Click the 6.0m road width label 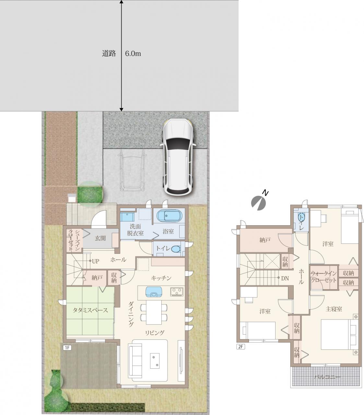133,54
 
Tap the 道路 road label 109,53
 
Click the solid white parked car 177,157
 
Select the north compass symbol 259,201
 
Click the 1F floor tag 67,348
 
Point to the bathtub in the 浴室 169,217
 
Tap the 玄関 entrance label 100,238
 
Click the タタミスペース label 90,310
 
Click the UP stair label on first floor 95,261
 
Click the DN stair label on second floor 285,279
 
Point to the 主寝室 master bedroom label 334,309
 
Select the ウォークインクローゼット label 323,277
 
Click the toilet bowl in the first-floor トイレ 175,249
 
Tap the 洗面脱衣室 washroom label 135,230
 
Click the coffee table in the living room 155,361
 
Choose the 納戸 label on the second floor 265,240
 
